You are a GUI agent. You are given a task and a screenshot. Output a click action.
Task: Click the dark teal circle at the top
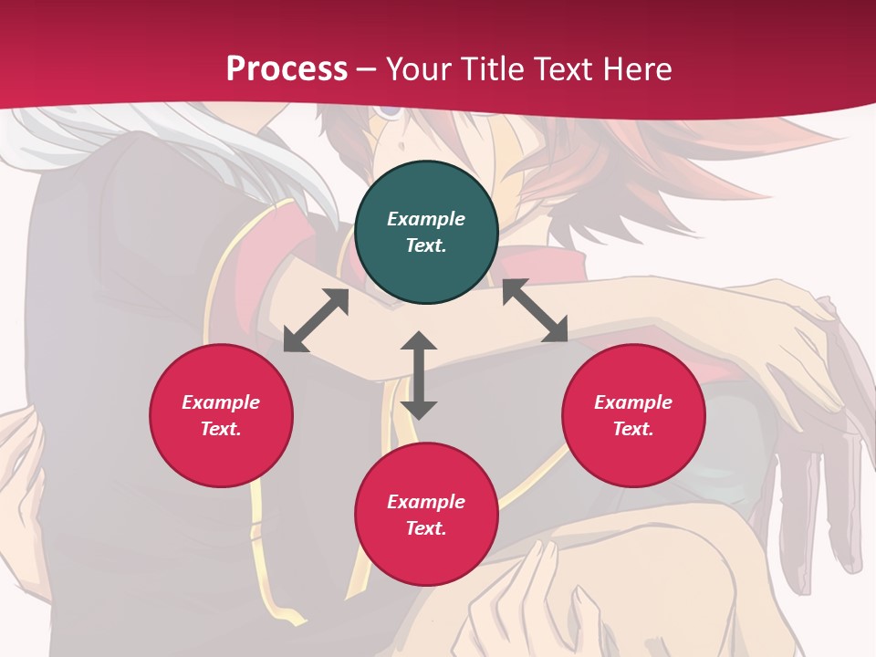[x=426, y=233]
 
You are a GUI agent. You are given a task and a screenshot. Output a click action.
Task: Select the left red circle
[x=221, y=415]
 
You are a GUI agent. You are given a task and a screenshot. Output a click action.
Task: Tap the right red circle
[x=632, y=415]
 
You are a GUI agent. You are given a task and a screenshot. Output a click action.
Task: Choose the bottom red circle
[x=426, y=515]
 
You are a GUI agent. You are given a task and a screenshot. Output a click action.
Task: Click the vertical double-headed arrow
[x=419, y=375]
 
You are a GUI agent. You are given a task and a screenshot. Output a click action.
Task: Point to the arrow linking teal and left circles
[x=316, y=320]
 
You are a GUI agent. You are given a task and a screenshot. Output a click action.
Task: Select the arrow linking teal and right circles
[x=535, y=310]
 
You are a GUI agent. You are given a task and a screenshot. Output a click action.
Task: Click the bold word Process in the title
[x=287, y=68]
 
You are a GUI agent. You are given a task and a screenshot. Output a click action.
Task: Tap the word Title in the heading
[x=493, y=68]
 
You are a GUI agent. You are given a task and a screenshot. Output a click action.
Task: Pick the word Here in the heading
[x=636, y=68]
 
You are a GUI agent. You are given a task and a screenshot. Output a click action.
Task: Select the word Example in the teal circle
[x=426, y=219]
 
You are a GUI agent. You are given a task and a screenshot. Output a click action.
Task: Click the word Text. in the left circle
[x=221, y=429]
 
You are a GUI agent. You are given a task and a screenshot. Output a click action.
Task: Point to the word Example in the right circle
[x=632, y=402]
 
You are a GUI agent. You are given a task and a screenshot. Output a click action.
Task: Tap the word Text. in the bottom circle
[x=426, y=528]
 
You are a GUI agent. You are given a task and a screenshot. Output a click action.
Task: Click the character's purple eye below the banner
[x=391, y=111]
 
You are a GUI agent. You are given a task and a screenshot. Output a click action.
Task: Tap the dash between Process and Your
[x=367, y=69]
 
